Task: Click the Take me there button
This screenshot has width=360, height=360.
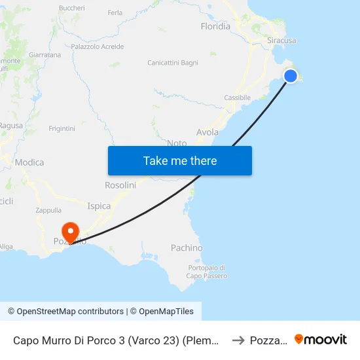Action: coord(180,160)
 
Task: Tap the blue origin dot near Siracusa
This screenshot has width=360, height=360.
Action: coord(291,76)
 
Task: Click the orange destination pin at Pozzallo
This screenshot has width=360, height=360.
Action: coord(69,231)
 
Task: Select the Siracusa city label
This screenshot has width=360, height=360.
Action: coord(281,41)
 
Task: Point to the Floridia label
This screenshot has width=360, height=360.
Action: coord(215,27)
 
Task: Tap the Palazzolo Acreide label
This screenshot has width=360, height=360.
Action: coord(98,46)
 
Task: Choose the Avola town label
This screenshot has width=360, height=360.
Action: coord(207,132)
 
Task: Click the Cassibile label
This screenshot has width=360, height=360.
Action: coord(237,98)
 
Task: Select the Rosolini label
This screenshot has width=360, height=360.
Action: coord(120,185)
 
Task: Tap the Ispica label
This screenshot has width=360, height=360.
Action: coord(99,206)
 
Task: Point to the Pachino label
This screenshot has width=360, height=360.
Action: coord(187,248)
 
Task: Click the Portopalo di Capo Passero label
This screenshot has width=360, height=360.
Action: coord(207,272)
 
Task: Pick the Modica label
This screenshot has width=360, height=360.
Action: coord(29,162)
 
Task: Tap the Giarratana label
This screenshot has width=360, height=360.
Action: coord(45,55)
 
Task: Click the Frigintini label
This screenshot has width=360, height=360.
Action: coord(62,128)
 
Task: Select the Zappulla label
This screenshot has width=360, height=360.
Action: coord(48,211)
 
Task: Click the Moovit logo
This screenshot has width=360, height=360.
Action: coord(321,339)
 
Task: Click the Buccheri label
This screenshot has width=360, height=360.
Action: coord(72,8)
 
